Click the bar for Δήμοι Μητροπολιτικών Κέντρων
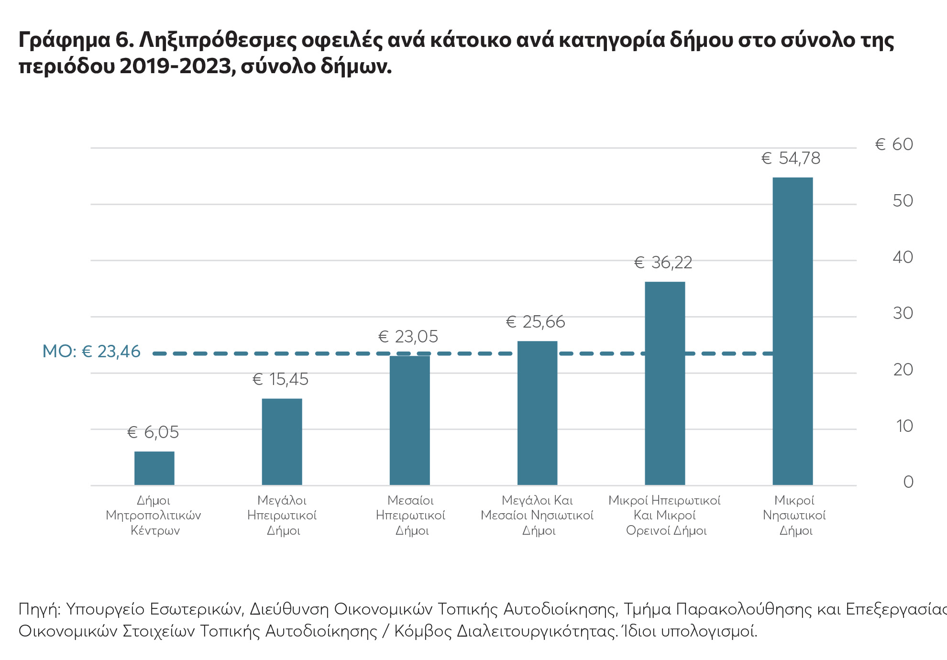click(x=154, y=468)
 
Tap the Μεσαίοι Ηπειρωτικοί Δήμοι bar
click(x=409, y=420)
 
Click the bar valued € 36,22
click(x=665, y=383)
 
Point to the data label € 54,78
click(x=791, y=158)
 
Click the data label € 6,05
click(x=153, y=432)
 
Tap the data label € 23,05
click(x=408, y=337)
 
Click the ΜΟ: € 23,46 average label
click(x=91, y=352)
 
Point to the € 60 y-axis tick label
click(x=893, y=144)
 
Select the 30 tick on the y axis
click(x=903, y=313)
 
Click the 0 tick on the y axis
click(x=908, y=482)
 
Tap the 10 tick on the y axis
click(x=904, y=426)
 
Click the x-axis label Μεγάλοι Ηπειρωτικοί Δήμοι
click(x=282, y=515)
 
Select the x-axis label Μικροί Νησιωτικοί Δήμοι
click(x=794, y=515)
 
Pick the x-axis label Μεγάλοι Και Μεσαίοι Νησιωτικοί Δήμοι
click(x=537, y=515)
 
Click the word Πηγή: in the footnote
click(x=39, y=610)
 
